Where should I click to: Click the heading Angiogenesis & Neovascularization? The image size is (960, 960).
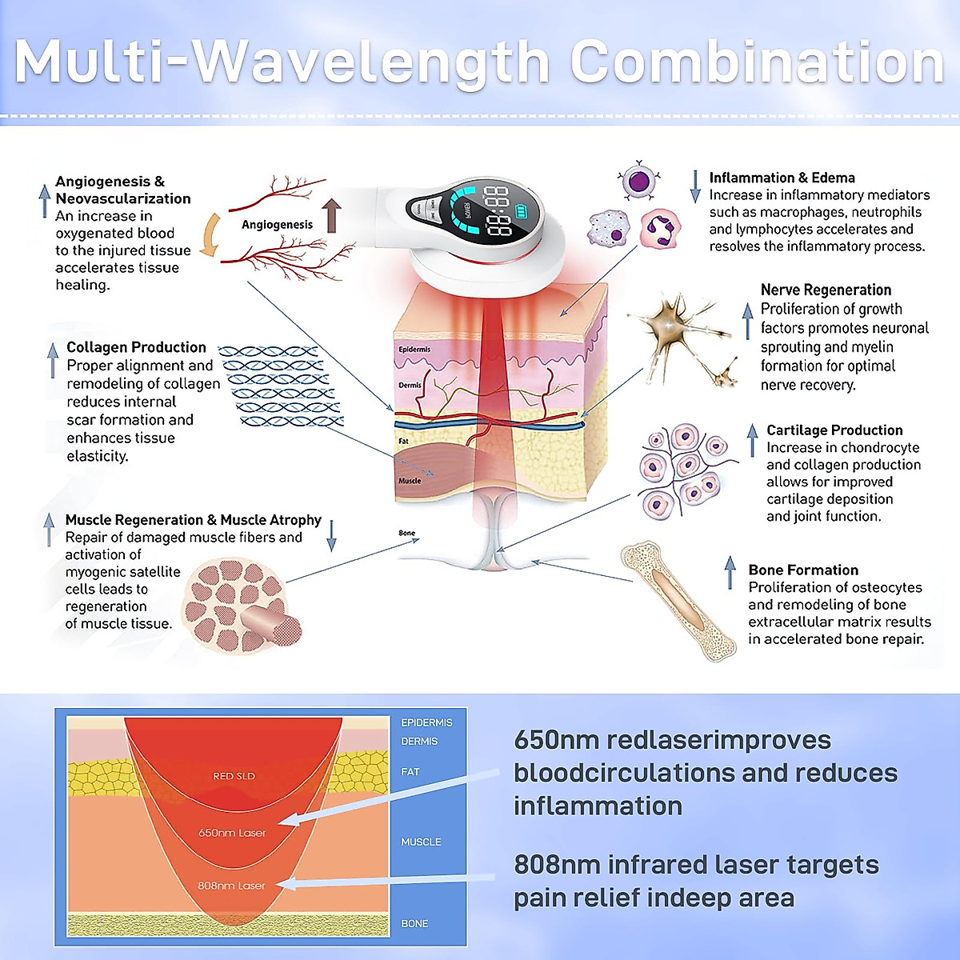[x=122, y=190]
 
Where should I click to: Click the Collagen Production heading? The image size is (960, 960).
[x=136, y=347]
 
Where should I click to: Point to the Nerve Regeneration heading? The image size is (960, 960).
[x=826, y=290]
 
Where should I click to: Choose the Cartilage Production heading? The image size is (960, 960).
[x=834, y=430]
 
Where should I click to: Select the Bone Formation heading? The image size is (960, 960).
[x=803, y=570]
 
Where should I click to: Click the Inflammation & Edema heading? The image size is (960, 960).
[x=782, y=178]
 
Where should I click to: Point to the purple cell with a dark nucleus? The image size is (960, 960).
[x=638, y=181]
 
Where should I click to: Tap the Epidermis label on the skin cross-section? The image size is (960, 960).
[x=414, y=350]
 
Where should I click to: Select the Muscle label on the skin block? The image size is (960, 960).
[x=410, y=481]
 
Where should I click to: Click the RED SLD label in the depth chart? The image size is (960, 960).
[x=234, y=776]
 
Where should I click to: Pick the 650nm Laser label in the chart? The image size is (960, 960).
[x=232, y=833]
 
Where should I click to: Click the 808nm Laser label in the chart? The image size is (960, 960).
[x=231, y=886]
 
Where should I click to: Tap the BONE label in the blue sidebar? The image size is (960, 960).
[x=414, y=923]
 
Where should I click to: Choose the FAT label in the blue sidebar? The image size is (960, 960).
[x=410, y=772]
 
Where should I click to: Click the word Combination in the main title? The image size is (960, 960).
[x=757, y=62]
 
